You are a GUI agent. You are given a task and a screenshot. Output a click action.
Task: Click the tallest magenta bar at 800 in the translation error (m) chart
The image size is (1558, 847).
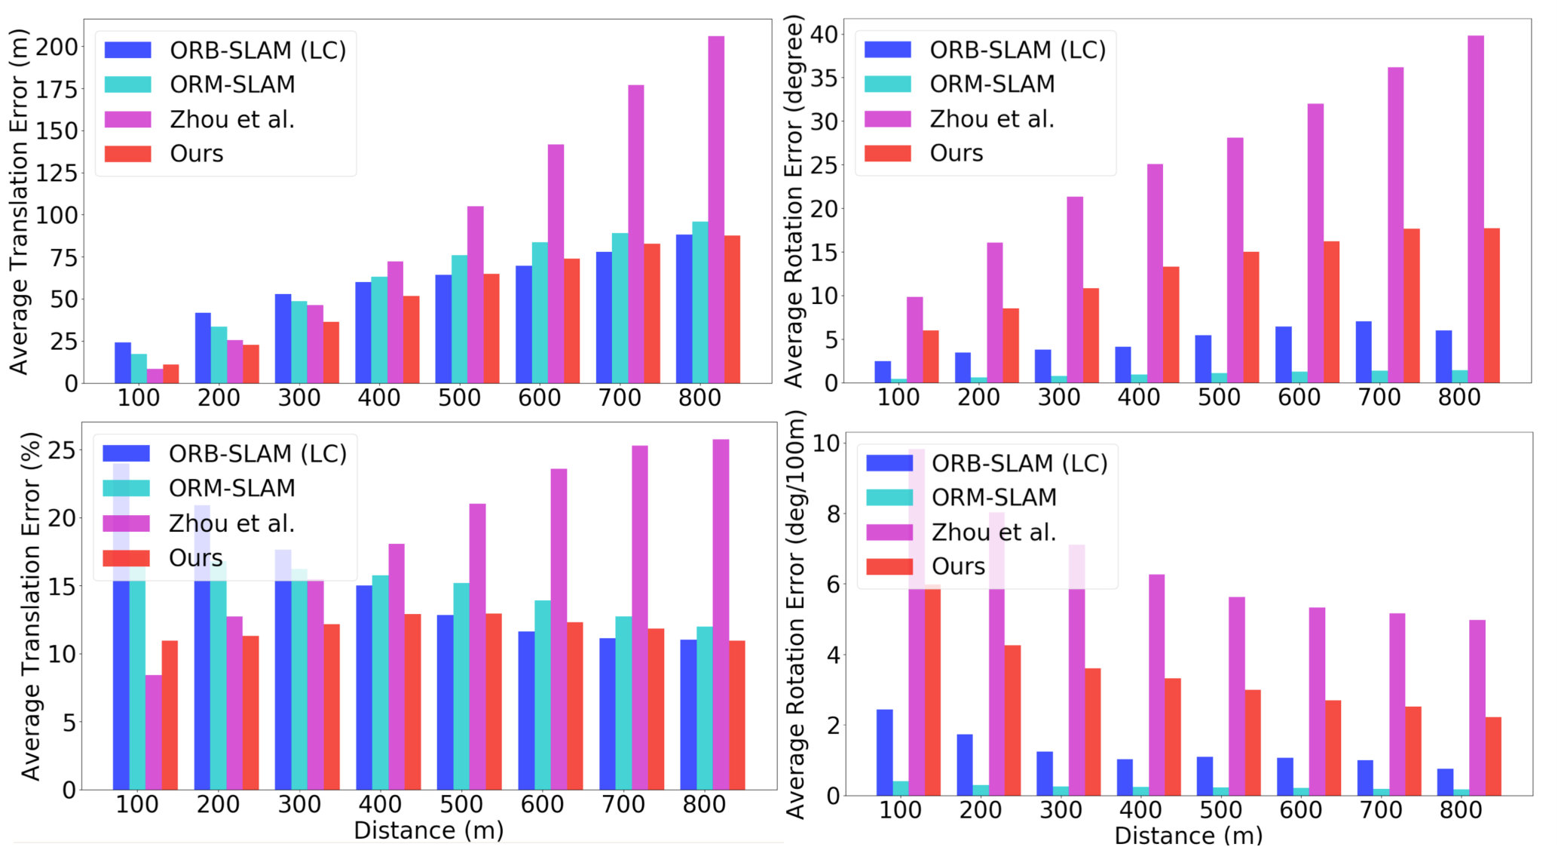tap(716, 210)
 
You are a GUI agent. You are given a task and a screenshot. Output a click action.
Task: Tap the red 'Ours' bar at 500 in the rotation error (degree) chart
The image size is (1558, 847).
tap(1250, 318)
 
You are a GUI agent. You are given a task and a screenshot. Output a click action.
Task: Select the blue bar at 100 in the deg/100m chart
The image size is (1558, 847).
tap(884, 753)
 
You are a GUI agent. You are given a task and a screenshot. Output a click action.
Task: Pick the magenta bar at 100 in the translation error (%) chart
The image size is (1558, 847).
tap(154, 732)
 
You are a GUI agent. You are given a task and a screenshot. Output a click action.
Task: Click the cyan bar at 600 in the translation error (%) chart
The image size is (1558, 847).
tap(543, 695)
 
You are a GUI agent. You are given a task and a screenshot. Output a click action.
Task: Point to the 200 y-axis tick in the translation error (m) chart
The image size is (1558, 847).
tap(57, 47)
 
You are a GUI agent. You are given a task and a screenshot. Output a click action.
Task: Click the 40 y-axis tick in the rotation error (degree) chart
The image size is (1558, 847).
tap(824, 34)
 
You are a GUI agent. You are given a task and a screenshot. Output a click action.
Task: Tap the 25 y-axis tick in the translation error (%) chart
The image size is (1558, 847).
tap(62, 450)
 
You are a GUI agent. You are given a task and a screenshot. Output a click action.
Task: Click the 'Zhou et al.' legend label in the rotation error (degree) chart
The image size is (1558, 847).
tap(992, 119)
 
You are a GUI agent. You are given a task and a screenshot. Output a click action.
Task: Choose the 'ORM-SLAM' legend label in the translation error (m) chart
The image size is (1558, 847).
tap(232, 84)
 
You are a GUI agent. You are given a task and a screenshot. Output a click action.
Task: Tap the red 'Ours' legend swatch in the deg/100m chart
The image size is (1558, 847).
tap(889, 566)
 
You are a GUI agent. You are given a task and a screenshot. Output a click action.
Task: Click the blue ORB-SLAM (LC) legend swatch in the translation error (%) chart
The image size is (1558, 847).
tap(126, 453)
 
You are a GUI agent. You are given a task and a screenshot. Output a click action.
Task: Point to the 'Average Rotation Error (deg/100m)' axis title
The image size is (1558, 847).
tap(795, 615)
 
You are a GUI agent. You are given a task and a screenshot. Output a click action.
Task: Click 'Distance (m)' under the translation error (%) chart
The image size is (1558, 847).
tap(428, 830)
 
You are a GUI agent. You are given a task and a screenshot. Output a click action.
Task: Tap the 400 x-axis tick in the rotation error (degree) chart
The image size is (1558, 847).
tap(1139, 397)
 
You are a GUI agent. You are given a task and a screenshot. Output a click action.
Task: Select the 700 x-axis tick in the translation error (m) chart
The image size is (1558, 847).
tap(620, 397)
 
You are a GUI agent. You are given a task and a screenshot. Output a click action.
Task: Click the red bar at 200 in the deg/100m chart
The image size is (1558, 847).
tap(1012, 720)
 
